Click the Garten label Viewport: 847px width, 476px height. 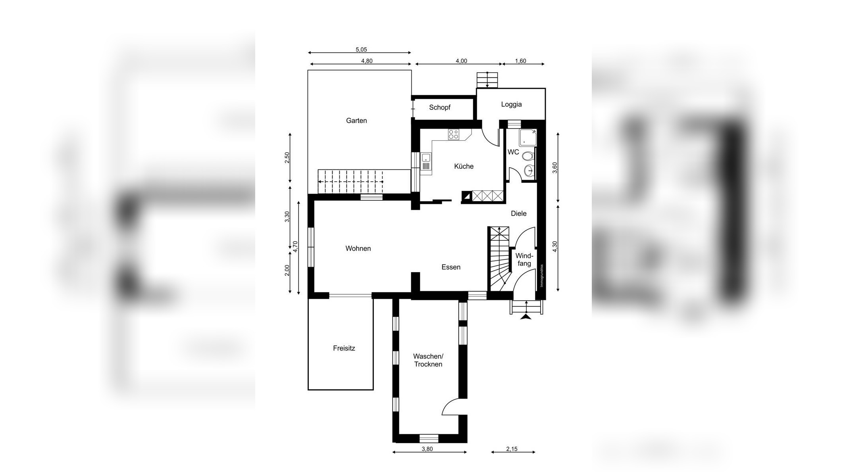coord(356,121)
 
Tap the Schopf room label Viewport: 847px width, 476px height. coord(440,107)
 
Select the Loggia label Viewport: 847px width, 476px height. coord(511,105)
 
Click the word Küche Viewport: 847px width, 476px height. coord(464,166)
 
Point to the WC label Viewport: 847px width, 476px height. coord(513,152)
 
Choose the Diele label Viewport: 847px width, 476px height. coord(519,213)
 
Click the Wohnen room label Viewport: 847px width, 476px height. coord(358,248)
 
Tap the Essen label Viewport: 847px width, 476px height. coord(451,267)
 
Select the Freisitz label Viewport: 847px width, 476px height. coord(344,348)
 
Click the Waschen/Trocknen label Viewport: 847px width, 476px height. coord(428,360)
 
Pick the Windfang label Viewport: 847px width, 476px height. coord(524,260)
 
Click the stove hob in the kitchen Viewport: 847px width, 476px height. coord(454,134)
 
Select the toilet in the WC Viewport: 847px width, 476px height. coord(527,156)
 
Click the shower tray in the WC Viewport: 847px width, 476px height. coord(527,137)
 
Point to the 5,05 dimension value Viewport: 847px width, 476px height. coord(361,50)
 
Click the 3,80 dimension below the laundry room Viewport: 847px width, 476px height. coord(427,449)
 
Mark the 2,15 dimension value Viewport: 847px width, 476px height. coord(512,449)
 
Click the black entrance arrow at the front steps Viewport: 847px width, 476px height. coord(526,316)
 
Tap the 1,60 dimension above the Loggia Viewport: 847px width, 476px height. coord(520,61)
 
